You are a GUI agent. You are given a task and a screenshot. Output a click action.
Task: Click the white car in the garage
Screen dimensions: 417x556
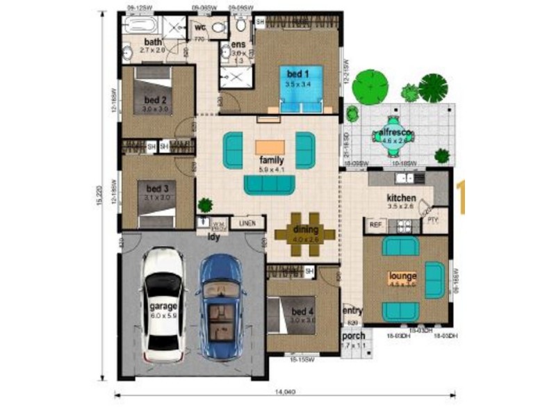pyautogui.click(x=163, y=301)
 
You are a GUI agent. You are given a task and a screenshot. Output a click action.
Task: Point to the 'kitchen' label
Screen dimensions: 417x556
pyautogui.click(x=401, y=197)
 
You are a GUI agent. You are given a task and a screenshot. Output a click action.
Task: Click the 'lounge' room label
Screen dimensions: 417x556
pyautogui.click(x=402, y=275)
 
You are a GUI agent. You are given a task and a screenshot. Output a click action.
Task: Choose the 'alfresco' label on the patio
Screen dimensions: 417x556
pyautogui.click(x=393, y=131)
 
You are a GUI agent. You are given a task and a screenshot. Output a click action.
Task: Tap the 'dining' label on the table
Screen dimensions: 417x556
pyautogui.click(x=306, y=229)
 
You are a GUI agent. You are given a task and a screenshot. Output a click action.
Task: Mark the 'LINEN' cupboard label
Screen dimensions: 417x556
pyautogui.click(x=247, y=223)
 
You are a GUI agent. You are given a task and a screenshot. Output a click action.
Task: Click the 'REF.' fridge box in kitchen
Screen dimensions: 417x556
pyautogui.click(x=375, y=224)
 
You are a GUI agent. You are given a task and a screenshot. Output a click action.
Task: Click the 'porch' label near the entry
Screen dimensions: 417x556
pyautogui.click(x=353, y=336)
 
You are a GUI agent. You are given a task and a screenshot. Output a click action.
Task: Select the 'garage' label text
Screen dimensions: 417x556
pyautogui.click(x=163, y=306)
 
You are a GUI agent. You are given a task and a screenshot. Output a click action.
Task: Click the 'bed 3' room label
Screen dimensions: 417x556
pyautogui.click(x=157, y=188)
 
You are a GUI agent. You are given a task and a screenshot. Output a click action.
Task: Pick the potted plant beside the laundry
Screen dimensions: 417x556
pyautogui.click(x=205, y=206)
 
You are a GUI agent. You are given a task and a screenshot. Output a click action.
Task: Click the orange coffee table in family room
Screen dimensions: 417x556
pyautogui.click(x=270, y=147)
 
